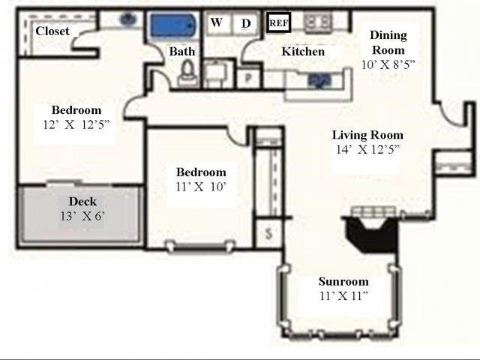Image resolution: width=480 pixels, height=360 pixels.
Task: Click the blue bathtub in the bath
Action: pyautogui.click(x=172, y=25)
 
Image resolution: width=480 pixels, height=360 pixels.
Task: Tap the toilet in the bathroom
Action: pyautogui.click(x=187, y=72)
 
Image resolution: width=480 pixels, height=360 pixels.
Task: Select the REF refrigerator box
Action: pyautogui.click(x=278, y=23)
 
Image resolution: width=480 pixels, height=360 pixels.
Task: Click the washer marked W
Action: pyautogui.click(x=217, y=22)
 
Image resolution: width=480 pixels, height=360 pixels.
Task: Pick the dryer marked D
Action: pyautogui.click(x=245, y=23)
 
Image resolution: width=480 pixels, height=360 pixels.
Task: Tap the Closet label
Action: pyautogui.click(x=52, y=31)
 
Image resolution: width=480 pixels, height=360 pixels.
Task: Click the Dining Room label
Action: pyautogui.click(x=388, y=42)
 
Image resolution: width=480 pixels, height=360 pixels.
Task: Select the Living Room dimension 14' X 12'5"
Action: pyautogui.click(x=367, y=149)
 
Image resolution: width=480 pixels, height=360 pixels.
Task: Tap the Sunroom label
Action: pyautogui.click(x=343, y=282)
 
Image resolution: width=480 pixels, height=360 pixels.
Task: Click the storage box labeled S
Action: pyautogui.click(x=268, y=234)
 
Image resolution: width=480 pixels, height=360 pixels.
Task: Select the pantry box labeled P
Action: pyautogui.click(x=247, y=76)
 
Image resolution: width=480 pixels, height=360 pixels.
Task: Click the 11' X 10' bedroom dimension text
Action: pyautogui.click(x=200, y=186)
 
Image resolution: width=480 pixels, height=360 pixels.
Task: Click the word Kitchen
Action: pyautogui.click(x=303, y=52)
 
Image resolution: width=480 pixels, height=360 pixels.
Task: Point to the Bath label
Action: pyautogui.click(x=181, y=52)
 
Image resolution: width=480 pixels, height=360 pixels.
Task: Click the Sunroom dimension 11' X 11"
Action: pyautogui.click(x=343, y=296)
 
